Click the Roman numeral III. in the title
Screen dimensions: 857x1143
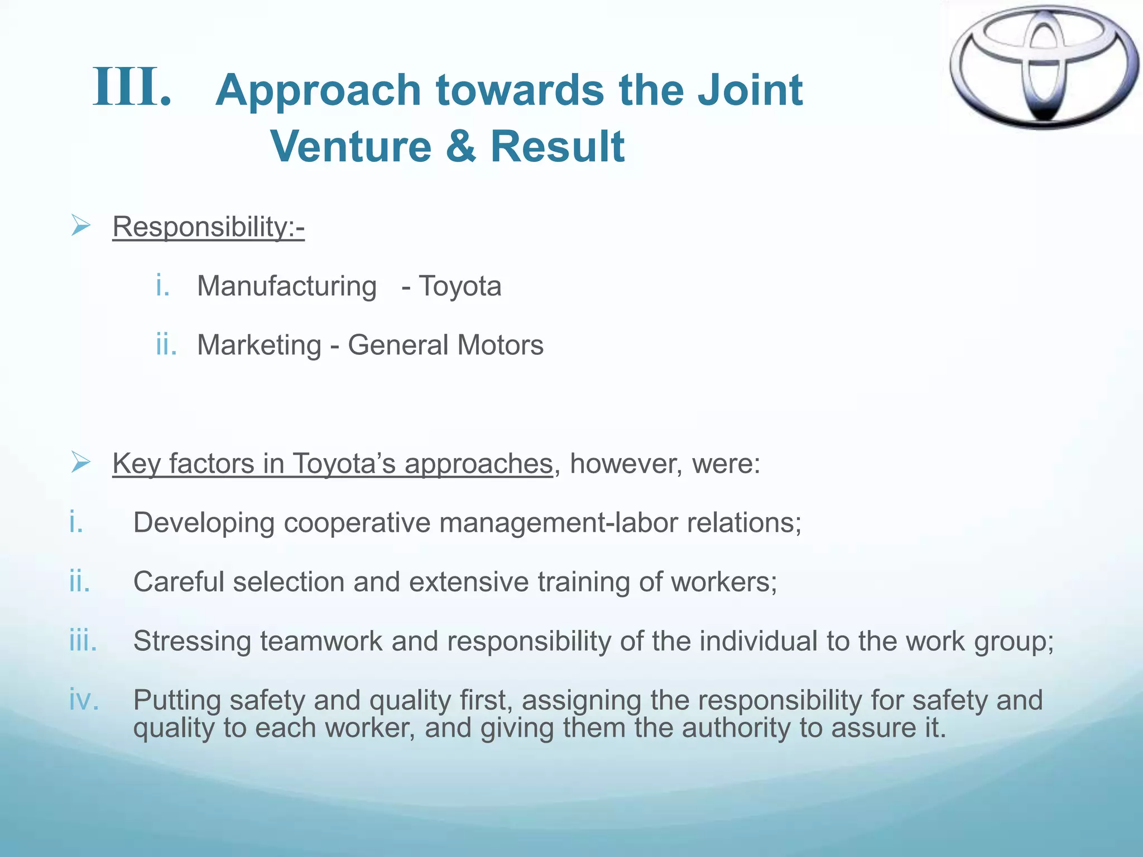(x=132, y=88)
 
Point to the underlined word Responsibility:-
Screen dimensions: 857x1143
(x=208, y=227)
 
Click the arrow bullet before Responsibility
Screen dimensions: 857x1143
(x=81, y=226)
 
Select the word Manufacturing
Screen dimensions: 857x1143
(x=287, y=286)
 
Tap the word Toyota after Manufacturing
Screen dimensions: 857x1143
(x=460, y=286)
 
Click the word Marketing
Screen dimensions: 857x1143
(x=259, y=345)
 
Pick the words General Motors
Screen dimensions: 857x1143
(x=445, y=345)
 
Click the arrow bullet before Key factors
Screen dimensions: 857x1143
(x=81, y=463)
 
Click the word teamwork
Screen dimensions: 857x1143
(x=321, y=641)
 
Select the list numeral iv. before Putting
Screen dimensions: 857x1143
(x=84, y=700)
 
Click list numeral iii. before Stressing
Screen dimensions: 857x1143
(x=83, y=641)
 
